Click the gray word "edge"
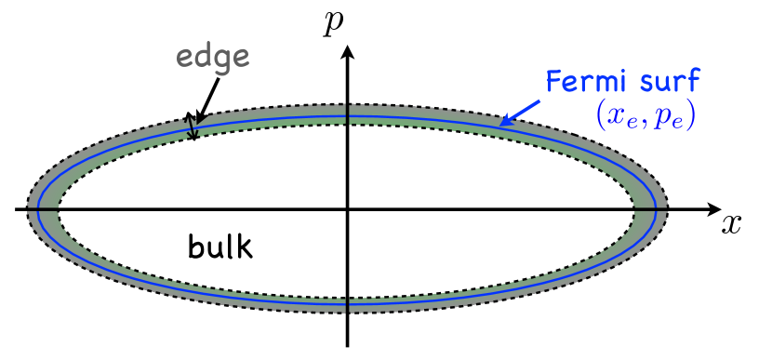pos(213,59)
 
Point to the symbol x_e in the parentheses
pos(619,118)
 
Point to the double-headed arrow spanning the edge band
pos(192,127)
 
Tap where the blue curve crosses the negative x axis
pos(43,209)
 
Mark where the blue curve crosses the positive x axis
pos(652,209)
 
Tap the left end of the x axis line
pos(17,209)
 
